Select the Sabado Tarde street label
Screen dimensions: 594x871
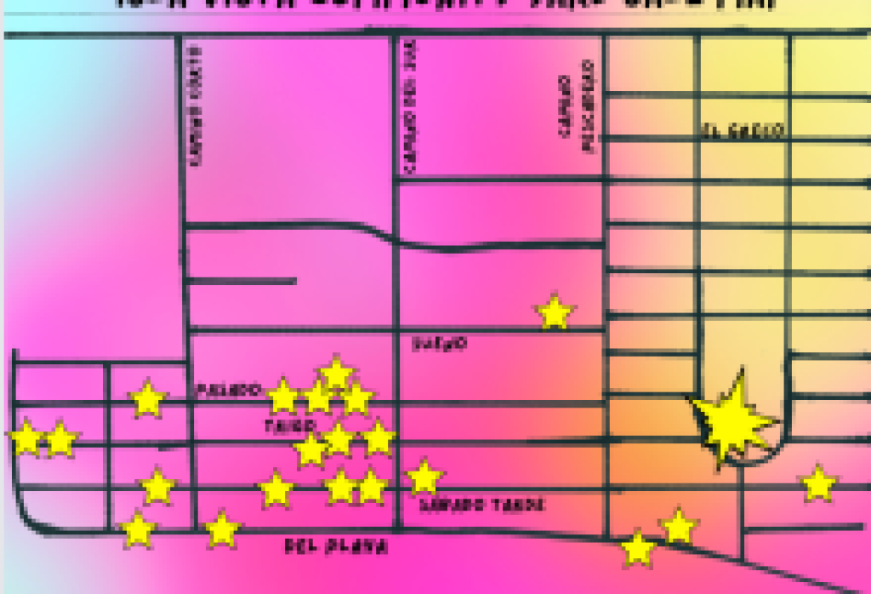(481, 505)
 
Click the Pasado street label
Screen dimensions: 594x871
(227, 390)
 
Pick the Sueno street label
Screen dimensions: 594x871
(439, 344)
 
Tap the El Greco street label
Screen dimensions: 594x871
(743, 131)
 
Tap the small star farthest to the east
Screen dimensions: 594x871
(818, 483)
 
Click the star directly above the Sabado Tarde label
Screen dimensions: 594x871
(424, 477)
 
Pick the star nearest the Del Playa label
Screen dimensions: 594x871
(223, 528)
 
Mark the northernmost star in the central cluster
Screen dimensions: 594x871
(336, 373)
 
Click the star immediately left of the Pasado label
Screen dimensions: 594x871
(148, 398)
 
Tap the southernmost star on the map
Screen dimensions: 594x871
(638, 549)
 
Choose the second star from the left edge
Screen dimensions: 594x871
(60, 439)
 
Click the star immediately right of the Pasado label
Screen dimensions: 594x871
(282, 396)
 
